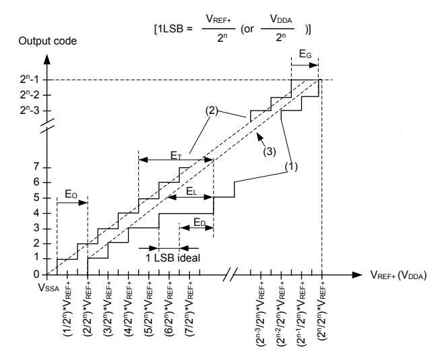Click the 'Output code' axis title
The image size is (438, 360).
pyautogui.click(x=47, y=41)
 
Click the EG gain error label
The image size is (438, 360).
pyautogui.click(x=305, y=54)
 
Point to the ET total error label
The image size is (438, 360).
pyautogui.click(x=176, y=156)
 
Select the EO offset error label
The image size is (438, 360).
pyautogui.click(x=71, y=194)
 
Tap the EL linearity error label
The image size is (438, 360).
pyautogui.click(x=191, y=191)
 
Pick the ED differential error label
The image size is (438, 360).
pyautogui.click(x=199, y=222)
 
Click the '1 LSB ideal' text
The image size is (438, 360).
pyautogui.click(x=173, y=258)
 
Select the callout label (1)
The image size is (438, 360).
pyautogui.click(x=291, y=167)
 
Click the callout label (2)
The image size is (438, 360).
pyautogui.click(x=212, y=111)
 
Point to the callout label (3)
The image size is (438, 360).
pyautogui.click(x=270, y=152)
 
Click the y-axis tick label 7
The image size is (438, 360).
pyautogui.click(x=36, y=167)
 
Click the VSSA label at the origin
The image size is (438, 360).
pyautogui.click(x=49, y=288)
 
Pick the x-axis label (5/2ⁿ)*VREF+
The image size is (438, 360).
pyautogui.click(x=149, y=309)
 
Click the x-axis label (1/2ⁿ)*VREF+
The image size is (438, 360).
pyautogui.click(x=67, y=309)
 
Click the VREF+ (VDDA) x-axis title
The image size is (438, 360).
pyautogui.click(x=399, y=275)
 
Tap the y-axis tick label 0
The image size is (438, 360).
pyautogui.click(x=36, y=274)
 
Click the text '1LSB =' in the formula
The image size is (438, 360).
pyautogui.click(x=173, y=29)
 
